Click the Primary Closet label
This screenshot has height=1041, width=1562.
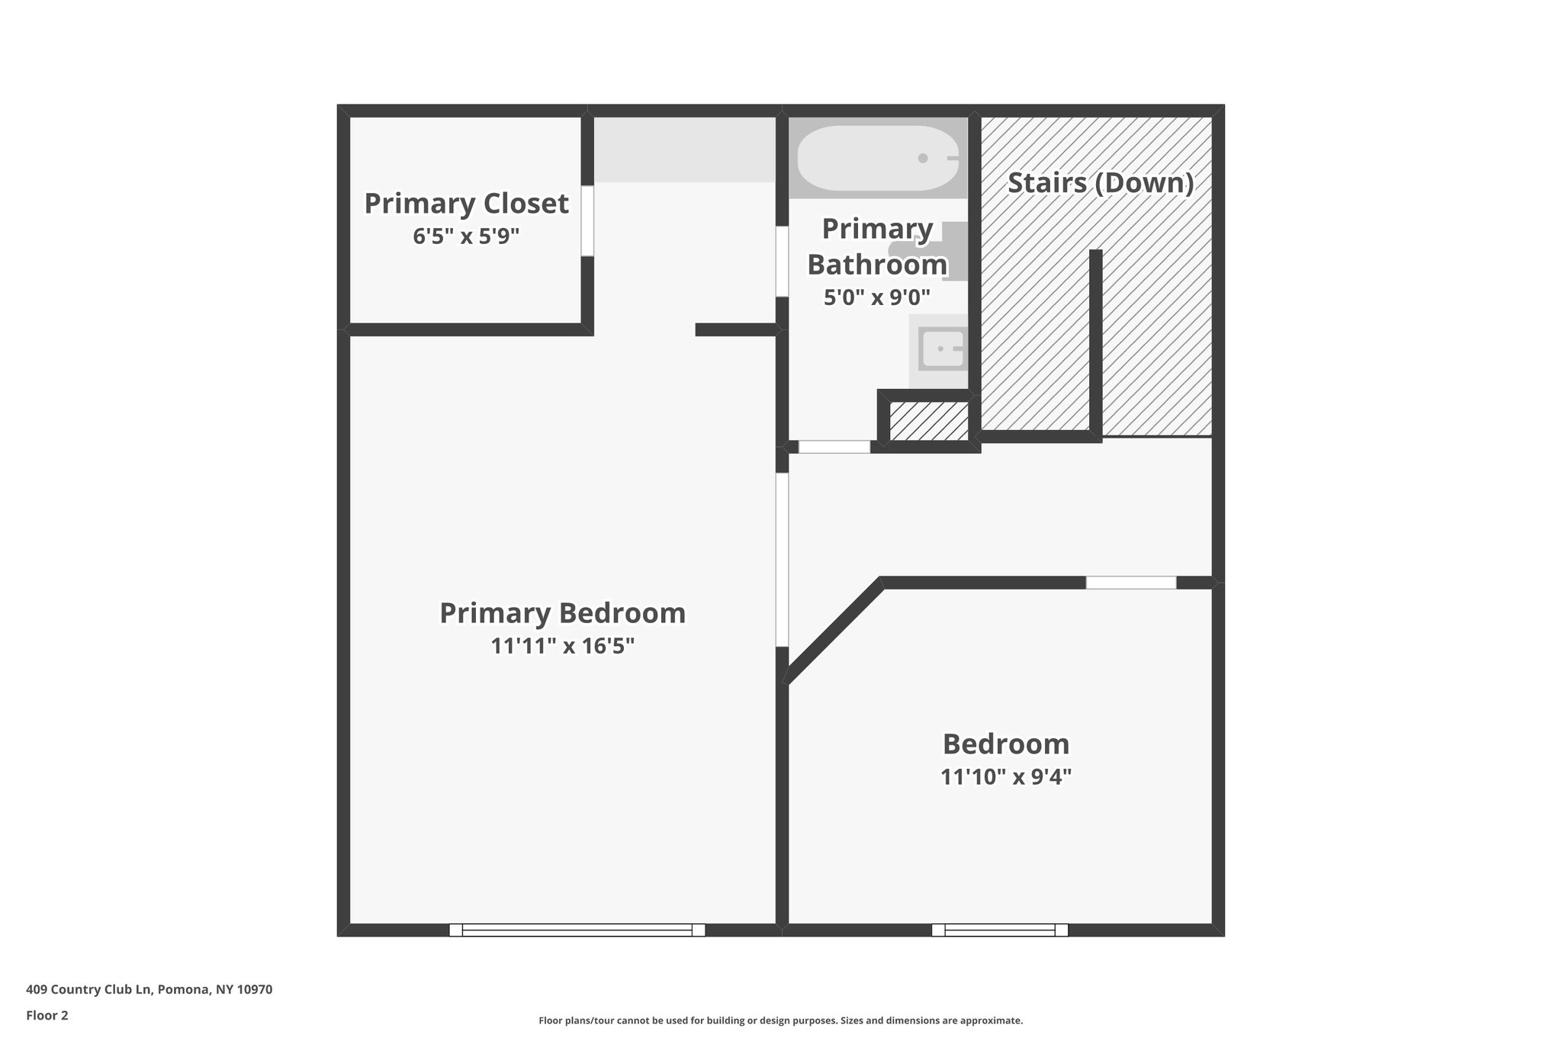click(x=466, y=204)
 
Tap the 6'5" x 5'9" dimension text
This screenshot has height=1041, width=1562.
click(x=466, y=236)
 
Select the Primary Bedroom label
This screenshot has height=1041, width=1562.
click(x=562, y=613)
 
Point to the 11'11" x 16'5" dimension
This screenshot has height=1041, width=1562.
click(x=562, y=646)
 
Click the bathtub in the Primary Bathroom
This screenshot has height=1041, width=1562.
click(x=877, y=159)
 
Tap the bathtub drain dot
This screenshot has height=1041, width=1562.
click(x=923, y=159)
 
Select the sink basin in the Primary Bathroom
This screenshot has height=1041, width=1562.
click(x=941, y=349)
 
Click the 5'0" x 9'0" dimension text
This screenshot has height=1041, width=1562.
click(x=877, y=297)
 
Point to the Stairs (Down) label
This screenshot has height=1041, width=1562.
click(x=1100, y=183)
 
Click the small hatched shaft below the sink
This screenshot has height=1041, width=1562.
click(x=929, y=420)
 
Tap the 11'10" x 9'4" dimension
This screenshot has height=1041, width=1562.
click(x=1006, y=776)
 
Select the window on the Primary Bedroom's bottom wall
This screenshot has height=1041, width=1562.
click(x=577, y=930)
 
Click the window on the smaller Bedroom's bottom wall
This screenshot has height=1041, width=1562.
click(x=999, y=930)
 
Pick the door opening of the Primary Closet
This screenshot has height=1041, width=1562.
click(x=587, y=220)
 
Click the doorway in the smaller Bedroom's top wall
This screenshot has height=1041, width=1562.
click(x=1130, y=583)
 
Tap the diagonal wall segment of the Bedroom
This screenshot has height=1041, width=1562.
click(x=834, y=632)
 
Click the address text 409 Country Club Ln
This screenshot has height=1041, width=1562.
click(x=149, y=990)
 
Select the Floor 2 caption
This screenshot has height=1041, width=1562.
click(x=47, y=1015)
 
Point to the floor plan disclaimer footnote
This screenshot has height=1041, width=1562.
click(x=780, y=1020)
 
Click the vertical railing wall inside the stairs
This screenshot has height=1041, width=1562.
click(x=1095, y=343)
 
